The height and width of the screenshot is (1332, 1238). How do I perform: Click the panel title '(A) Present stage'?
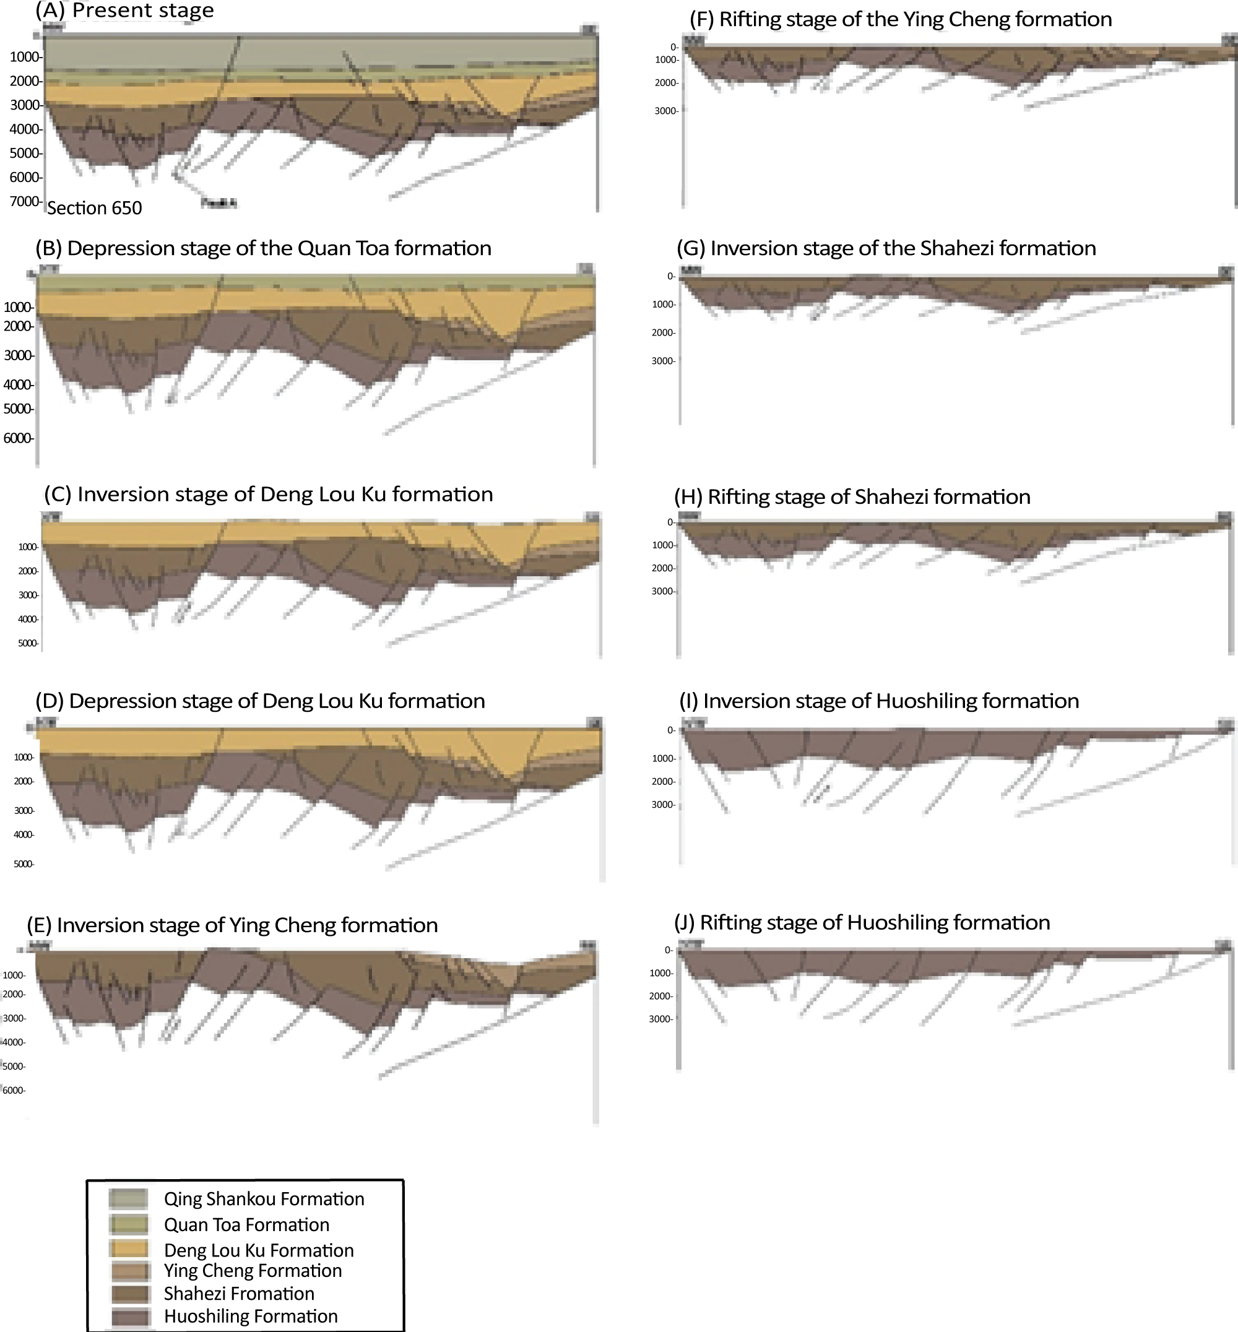point(124,11)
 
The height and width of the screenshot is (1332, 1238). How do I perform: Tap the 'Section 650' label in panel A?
point(95,209)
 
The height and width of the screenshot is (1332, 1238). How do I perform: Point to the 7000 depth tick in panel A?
point(25,201)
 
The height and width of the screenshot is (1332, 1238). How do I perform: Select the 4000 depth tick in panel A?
point(25,129)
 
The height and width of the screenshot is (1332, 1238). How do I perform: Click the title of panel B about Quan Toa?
point(263,249)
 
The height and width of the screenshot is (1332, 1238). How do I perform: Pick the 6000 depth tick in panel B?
point(18,438)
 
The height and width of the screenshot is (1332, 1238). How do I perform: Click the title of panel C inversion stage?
point(269,495)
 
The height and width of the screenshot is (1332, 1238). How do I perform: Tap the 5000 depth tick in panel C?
point(28,643)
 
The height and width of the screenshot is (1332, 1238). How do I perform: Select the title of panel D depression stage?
point(260,701)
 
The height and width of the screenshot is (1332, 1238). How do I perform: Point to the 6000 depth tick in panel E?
point(14,1090)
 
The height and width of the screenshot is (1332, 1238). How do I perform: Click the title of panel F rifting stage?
point(901,19)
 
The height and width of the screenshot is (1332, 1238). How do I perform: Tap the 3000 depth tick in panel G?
point(663,361)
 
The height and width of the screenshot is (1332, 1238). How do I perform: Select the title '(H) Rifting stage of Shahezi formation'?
point(852,497)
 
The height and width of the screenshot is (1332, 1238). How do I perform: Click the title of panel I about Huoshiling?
point(879,701)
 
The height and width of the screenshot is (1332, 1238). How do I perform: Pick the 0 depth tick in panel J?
point(668,950)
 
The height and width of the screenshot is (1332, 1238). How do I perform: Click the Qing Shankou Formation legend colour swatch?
point(128,1199)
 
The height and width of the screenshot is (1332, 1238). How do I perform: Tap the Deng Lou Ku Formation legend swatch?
point(128,1250)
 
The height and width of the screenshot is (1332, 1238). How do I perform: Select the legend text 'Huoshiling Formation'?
point(251,1317)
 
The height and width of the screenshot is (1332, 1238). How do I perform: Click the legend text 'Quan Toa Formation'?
point(246,1225)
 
